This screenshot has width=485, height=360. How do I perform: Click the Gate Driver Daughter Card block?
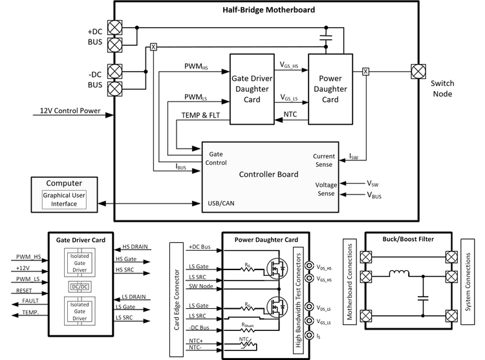pos(255,89)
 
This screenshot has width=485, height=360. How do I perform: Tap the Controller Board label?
pos(268,174)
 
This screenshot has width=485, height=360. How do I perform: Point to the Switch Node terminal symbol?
pos(417,71)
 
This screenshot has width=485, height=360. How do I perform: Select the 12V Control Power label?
pos(70,111)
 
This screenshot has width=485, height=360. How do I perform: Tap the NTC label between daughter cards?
pos(290,116)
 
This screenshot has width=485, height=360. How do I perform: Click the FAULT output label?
pos(30,301)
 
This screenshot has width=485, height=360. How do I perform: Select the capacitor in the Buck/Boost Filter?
pos(423,299)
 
